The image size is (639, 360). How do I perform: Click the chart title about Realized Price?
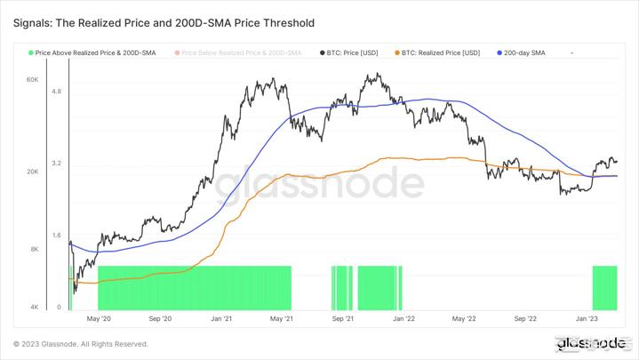164,22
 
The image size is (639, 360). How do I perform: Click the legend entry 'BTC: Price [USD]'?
353,53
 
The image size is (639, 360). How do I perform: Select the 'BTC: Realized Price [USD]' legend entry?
440,53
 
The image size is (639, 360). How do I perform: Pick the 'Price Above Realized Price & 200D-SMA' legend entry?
95,53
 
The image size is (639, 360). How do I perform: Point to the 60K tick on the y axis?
32,80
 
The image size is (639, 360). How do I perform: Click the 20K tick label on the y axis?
32,172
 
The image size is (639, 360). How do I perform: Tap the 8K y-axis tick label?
34,249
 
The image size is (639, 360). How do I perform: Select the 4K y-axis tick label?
34,307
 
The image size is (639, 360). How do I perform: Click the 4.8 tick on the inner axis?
56,92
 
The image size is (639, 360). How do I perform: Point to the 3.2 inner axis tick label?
56,164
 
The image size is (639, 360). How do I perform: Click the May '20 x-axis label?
99,317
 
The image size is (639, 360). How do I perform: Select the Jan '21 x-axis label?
221,317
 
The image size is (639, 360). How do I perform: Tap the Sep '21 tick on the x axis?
343,317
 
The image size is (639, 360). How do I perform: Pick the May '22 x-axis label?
464,317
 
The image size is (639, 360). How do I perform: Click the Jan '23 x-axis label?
587,317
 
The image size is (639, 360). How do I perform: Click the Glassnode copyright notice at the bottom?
81,344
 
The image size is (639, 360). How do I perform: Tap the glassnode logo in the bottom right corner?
590,343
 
